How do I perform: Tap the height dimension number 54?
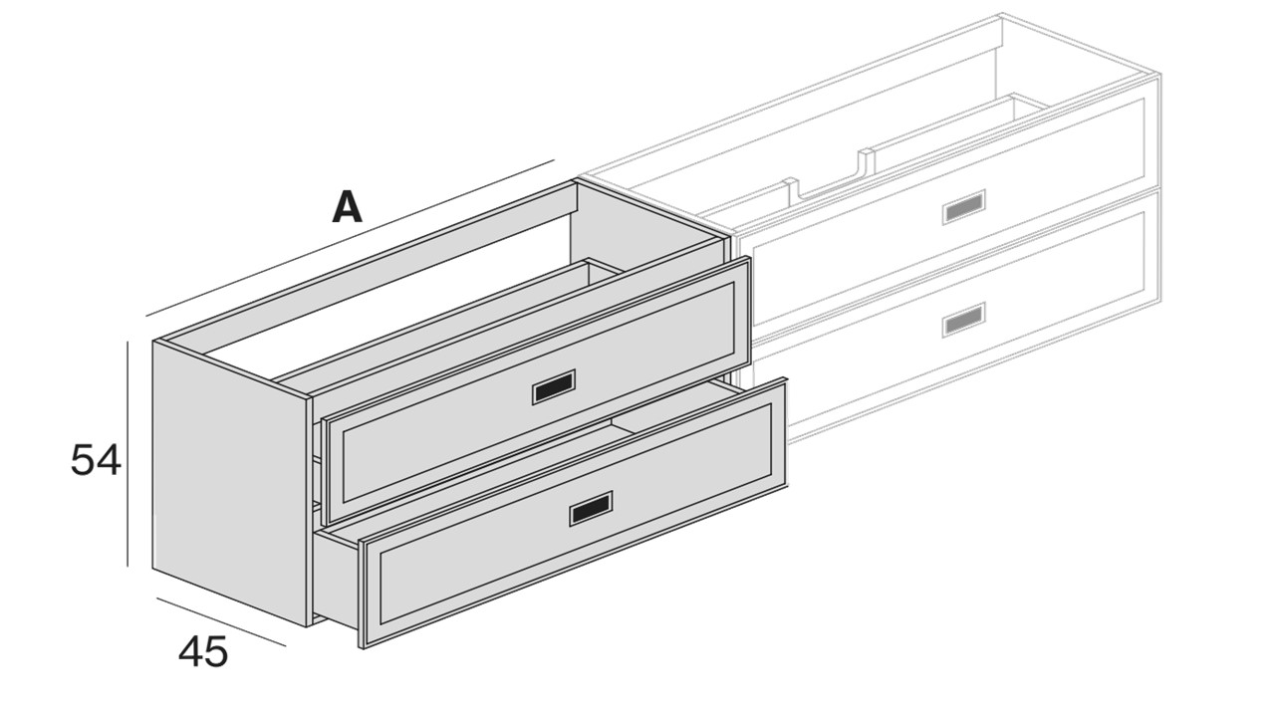click(96, 460)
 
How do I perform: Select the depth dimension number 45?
click(203, 651)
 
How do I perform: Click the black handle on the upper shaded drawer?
click(553, 387)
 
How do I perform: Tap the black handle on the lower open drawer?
click(591, 508)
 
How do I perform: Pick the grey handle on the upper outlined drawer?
click(963, 207)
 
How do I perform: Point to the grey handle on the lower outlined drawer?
click(963, 320)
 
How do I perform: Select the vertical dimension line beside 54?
click(128, 453)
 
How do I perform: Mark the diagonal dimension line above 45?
click(221, 622)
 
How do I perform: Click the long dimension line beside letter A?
click(350, 237)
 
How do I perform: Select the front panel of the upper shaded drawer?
click(536, 390)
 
